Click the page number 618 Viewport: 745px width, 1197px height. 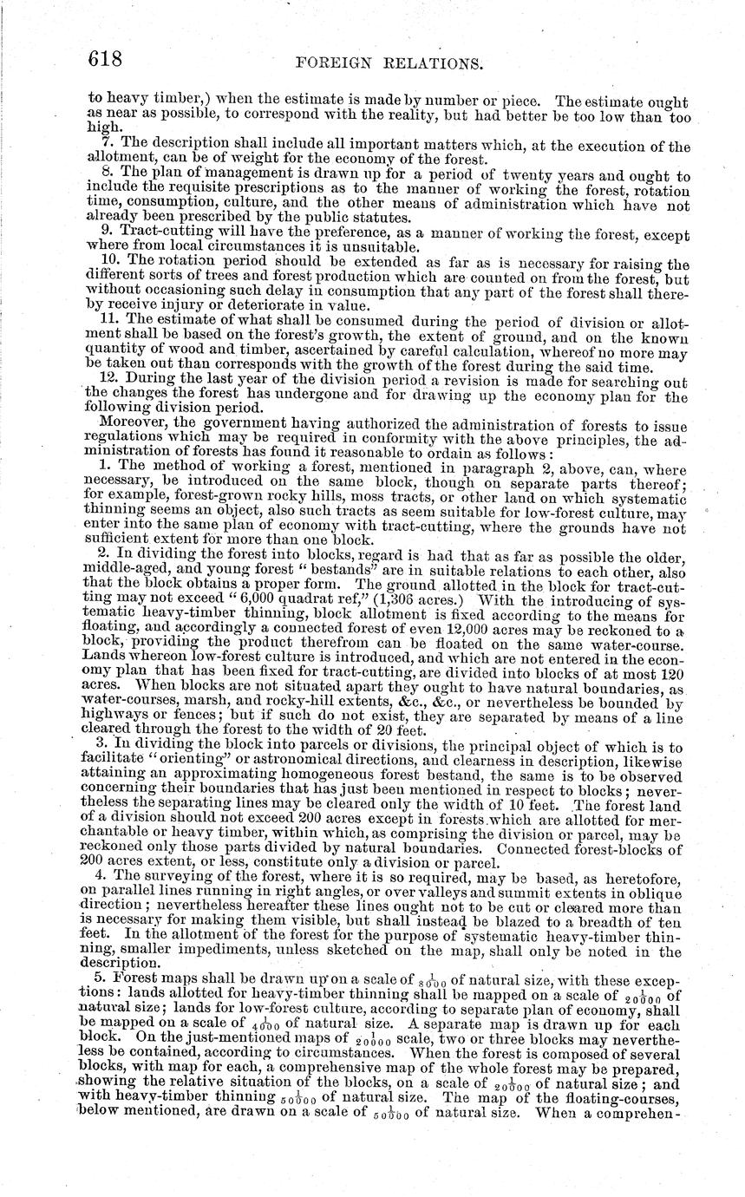click(108, 59)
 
